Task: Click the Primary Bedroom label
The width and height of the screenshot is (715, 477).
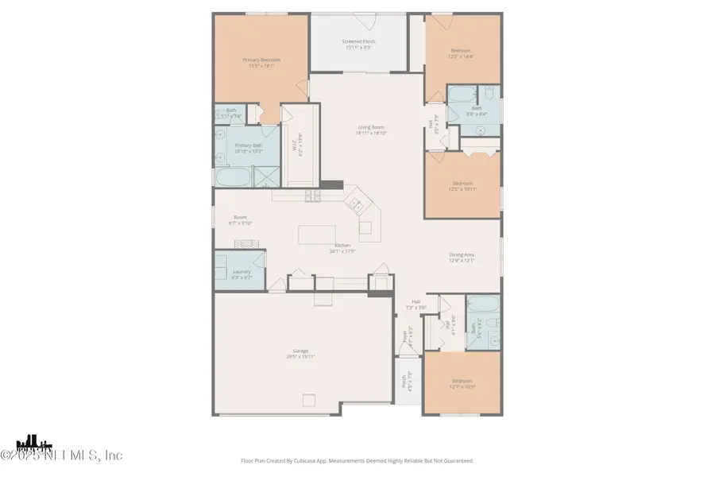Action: [261, 60]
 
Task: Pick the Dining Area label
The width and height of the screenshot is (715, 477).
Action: [462, 254]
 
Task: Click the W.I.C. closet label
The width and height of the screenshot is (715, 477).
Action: [296, 147]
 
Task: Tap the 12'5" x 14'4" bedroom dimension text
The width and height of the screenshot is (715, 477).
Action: [462, 55]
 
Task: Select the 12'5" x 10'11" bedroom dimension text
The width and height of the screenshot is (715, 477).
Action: [462, 188]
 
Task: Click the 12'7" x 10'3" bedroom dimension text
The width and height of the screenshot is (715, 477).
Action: [462, 386]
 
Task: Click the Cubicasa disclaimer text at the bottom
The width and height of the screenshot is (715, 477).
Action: [357, 460]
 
